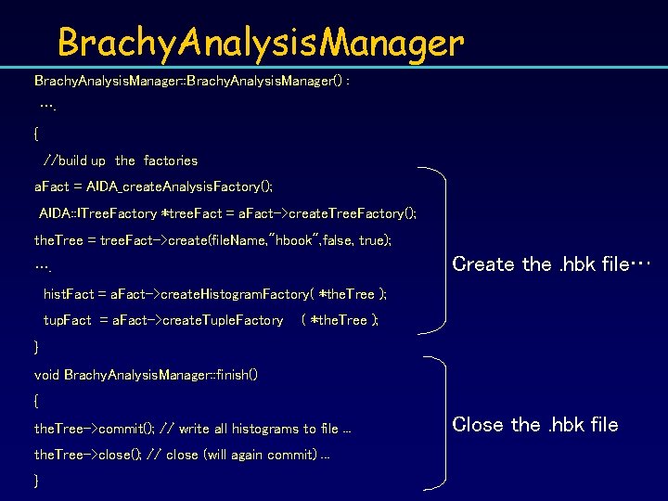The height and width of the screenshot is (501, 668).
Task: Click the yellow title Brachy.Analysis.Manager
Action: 260,43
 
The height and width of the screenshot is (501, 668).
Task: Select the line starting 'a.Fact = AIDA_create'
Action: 153,186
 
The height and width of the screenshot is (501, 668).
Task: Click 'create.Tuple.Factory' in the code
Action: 223,320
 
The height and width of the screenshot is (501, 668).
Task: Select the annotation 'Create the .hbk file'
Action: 552,264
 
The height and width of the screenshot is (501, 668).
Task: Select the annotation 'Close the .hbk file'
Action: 535,425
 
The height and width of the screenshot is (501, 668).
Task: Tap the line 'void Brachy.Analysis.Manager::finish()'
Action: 146,375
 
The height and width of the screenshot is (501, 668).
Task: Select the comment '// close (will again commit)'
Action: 245,455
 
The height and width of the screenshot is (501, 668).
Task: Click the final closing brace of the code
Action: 37,481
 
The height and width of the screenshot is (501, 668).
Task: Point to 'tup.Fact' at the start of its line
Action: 68,320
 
